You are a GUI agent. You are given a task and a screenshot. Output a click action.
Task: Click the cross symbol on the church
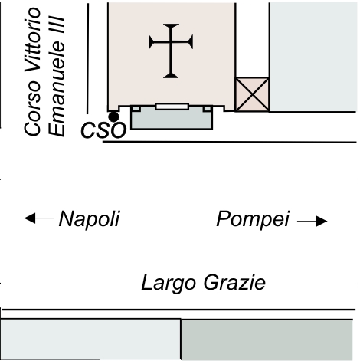coord(171,51)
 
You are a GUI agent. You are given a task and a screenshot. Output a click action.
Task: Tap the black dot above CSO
coord(113,117)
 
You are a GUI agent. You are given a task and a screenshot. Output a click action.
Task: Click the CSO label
coord(103,130)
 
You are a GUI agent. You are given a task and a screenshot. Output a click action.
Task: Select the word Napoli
coord(89,219)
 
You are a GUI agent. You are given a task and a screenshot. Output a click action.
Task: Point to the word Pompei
coord(253,219)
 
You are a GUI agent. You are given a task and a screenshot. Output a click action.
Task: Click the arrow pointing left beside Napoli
coord(39,218)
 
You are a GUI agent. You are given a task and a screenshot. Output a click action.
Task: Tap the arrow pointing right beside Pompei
coord(313,221)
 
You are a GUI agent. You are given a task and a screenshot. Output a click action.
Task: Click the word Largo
coord(169,283)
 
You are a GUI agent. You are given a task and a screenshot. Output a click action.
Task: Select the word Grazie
coord(234,282)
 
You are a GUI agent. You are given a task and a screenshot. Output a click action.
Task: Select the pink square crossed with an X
coord(252,94)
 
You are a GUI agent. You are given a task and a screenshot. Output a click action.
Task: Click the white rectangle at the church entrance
coord(172,107)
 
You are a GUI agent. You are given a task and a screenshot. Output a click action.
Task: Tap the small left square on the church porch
coord(136,108)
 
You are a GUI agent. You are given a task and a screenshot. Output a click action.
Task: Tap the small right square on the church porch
coord(208,108)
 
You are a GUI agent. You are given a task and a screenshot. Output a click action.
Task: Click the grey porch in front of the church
coord(172,120)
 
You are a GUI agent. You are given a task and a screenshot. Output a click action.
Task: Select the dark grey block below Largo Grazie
coord(267,340)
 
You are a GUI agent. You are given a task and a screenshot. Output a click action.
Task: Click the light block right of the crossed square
coord(313,57)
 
